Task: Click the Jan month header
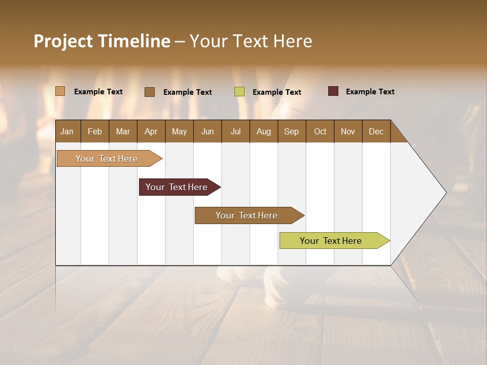[x=67, y=131]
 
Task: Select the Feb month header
[x=95, y=131]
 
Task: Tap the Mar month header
[x=123, y=131]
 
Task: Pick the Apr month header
[x=151, y=131]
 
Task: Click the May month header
[x=179, y=131]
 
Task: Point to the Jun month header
[x=207, y=131]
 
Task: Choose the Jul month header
[x=235, y=131]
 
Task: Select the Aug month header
[x=264, y=131]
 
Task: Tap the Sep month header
[x=292, y=131]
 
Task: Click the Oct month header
[x=320, y=131]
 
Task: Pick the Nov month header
[x=348, y=131]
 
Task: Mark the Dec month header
[x=376, y=131]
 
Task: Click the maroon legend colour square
[x=333, y=91]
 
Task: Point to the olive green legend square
[x=239, y=92]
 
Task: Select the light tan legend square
[x=60, y=91]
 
